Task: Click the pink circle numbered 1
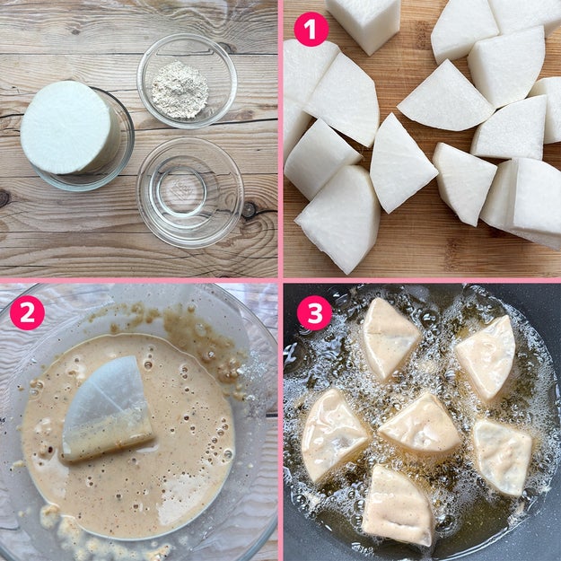point(311,29)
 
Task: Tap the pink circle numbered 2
point(27,312)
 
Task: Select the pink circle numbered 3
point(314,312)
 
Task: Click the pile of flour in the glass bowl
point(180,90)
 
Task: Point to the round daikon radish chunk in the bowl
point(70,127)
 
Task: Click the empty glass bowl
point(190,193)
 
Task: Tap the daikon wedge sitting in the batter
point(108,408)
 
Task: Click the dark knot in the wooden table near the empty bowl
point(249,210)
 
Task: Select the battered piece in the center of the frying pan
point(419,425)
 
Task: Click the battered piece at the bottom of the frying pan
point(398,504)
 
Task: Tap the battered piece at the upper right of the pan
point(487,358)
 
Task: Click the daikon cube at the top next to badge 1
point(364,23)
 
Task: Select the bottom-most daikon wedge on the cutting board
point(338,219)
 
